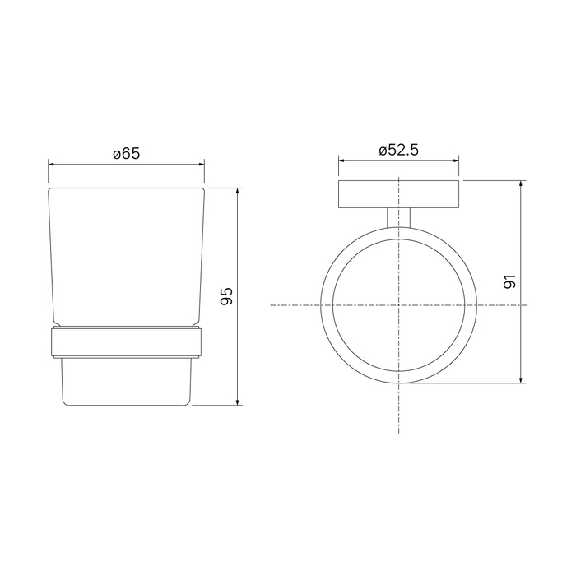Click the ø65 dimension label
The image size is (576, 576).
point(127,154)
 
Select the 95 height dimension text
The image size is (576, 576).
point(226,296)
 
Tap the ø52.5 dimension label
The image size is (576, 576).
point(398,150)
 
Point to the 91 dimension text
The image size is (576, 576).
point(510,281)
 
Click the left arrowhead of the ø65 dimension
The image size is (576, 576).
point(51,165)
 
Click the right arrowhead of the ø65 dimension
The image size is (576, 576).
point(202,165)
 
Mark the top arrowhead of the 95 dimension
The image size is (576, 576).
point(238,191)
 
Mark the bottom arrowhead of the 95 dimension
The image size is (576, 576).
point(238,402)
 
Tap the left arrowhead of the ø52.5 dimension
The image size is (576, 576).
point(341,160)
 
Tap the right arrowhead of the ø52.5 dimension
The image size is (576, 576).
point(456,160)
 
